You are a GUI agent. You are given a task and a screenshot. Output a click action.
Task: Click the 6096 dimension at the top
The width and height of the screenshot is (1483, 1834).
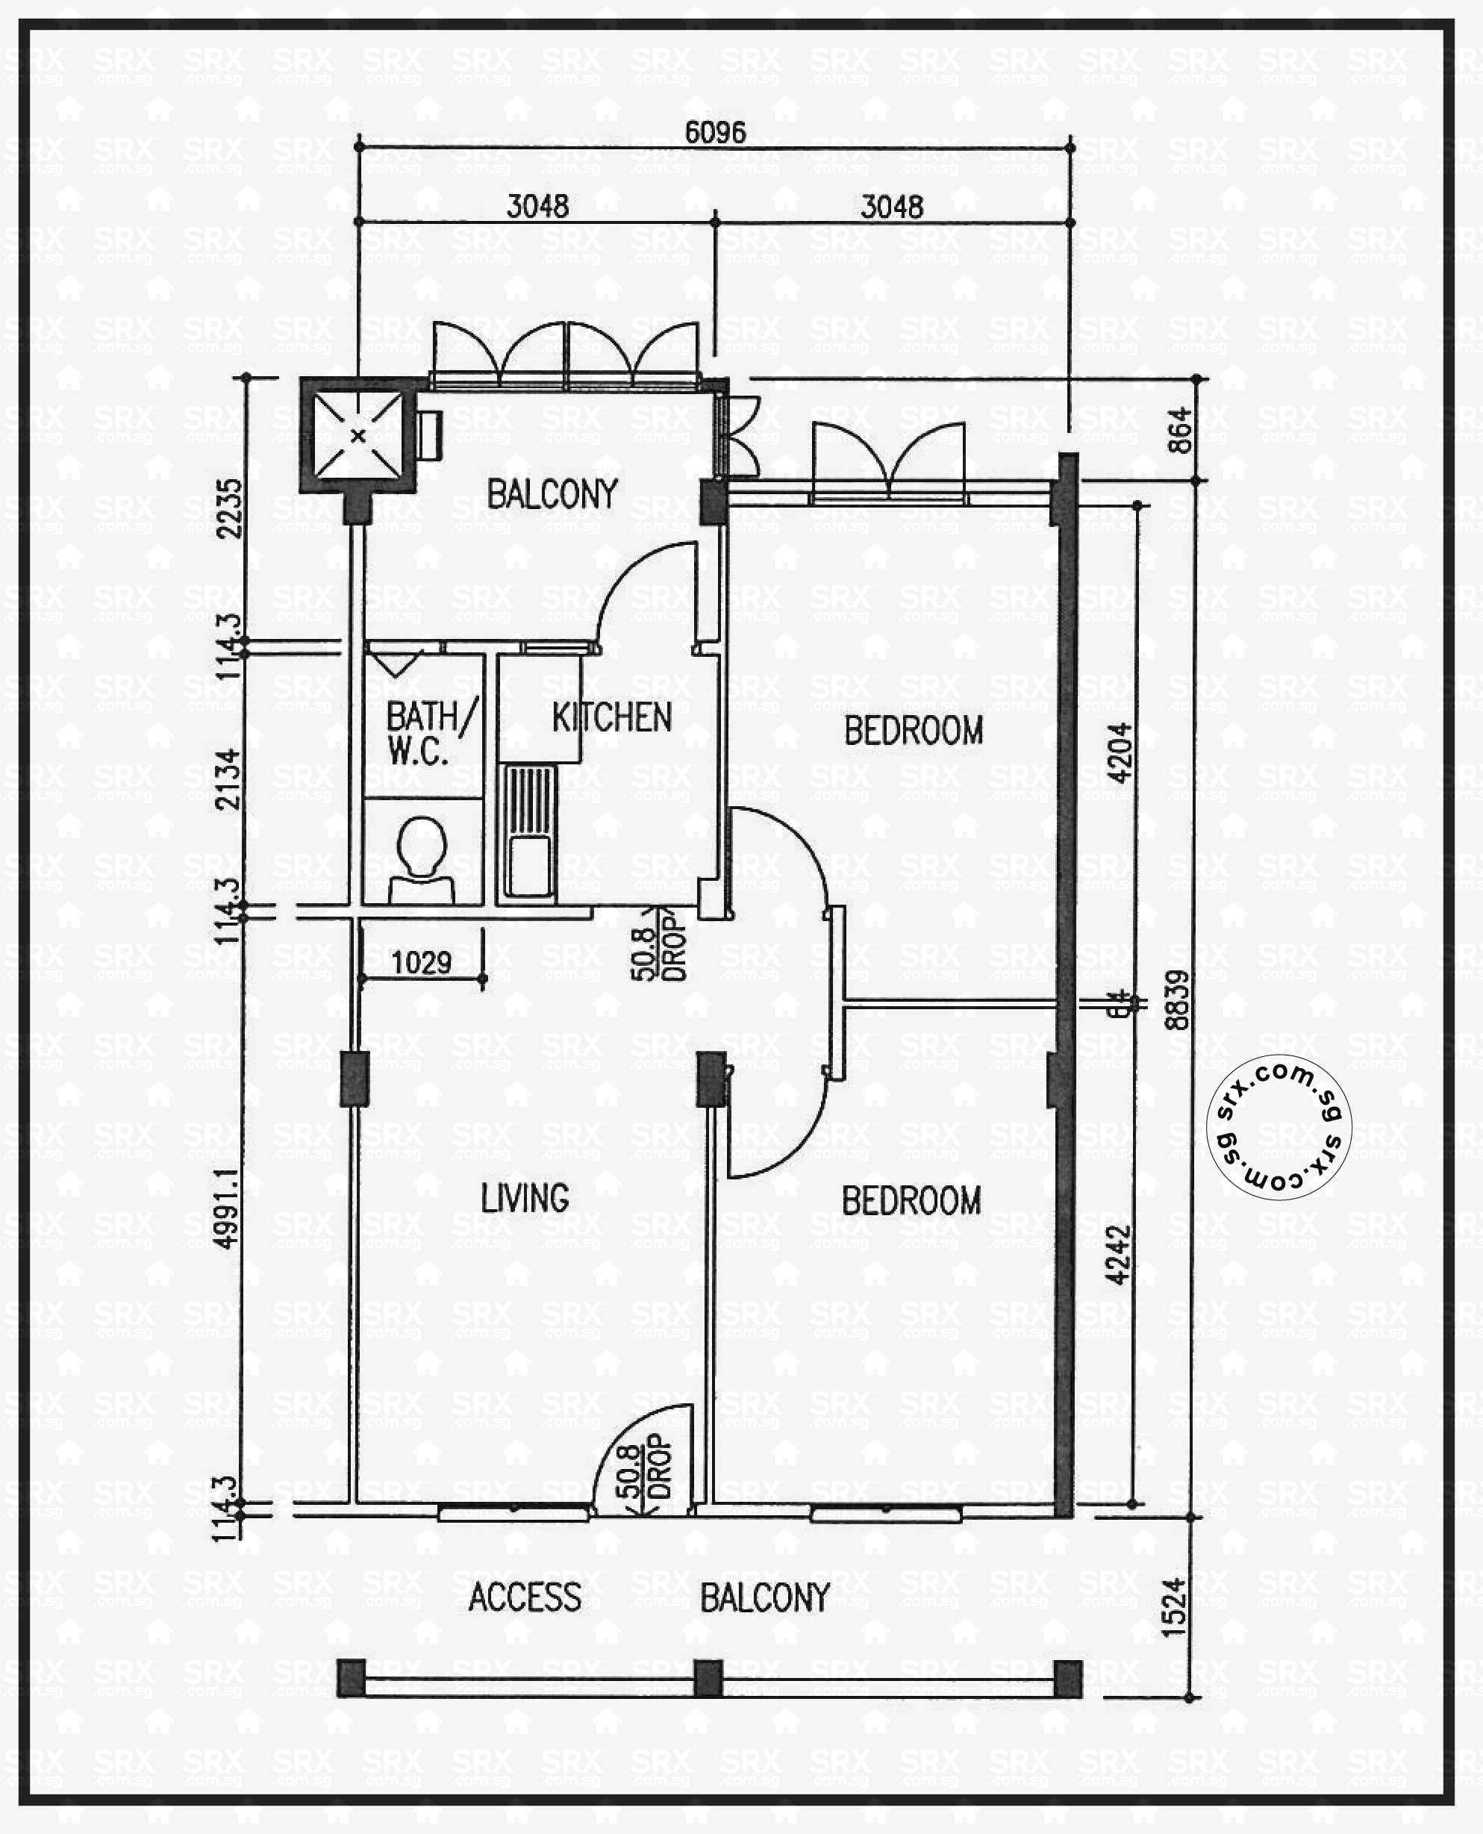click(x=715, y=132)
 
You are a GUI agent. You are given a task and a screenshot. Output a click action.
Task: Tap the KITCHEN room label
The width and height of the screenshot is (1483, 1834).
click(x=612, y=717)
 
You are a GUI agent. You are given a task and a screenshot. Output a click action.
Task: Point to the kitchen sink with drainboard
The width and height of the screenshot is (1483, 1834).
click(x=528, y=831)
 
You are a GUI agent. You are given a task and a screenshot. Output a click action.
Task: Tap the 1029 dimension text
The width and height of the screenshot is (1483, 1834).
click(x=421, y=963)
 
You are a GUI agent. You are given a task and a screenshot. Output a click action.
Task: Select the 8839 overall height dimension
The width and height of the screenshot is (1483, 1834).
click(x=1176, y=999)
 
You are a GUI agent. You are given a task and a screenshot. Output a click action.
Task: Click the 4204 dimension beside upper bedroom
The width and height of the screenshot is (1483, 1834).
click(x=1119, y=752)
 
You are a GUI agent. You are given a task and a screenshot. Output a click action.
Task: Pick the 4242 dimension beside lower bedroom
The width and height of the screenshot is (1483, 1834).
click(x=1117, y=1255)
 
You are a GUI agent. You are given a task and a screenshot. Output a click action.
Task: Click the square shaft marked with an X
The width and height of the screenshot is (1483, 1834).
click(x=358, y=436)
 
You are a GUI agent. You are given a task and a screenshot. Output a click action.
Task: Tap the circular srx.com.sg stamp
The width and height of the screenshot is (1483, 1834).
click(x=1278, y=1126)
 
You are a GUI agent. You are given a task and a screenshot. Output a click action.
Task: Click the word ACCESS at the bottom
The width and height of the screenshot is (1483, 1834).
click(x=525, y=1597)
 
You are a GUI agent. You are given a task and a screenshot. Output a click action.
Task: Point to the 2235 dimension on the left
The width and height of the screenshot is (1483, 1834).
click(x=229, y=508)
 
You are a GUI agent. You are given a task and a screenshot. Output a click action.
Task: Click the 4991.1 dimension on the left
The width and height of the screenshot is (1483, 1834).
click(x=226, y=1209)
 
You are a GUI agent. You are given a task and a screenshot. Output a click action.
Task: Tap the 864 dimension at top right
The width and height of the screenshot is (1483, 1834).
click(x=1179, y=431)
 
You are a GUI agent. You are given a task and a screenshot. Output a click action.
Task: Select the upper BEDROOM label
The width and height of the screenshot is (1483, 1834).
click(x=914, y=732)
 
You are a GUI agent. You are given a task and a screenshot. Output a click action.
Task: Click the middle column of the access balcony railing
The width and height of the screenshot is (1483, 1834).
click(x=708, y=1679)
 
